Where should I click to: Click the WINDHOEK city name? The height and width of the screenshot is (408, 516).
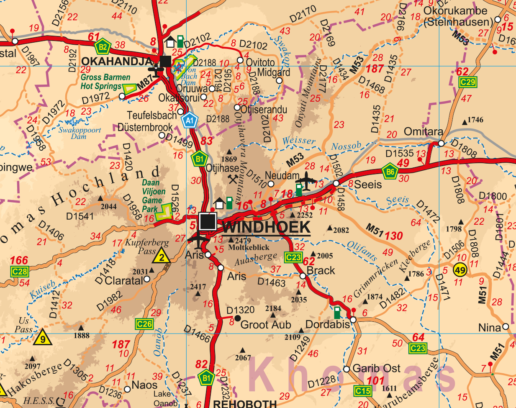tap(267, 227)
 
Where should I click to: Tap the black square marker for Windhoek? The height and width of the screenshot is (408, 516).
tap(208, 221)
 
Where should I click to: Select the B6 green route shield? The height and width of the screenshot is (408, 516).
tap(390, 171)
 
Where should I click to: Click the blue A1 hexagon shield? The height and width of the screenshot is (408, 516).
tap(190, 121)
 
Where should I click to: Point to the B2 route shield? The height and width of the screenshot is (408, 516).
tap(102, 46)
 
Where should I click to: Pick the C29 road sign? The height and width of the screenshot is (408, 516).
tap(467, 82)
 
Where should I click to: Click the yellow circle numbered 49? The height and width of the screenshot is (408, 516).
tap(460, 270)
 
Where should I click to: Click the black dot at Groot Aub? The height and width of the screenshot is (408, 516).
tap(237, 318)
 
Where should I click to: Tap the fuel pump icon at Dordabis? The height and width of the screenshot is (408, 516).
tap(337, 312)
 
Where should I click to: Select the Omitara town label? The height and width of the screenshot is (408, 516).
tap(423, 132)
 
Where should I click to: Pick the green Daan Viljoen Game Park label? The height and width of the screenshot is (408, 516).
tap(153, 195)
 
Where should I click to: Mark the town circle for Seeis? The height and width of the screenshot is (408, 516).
tap(336, 184)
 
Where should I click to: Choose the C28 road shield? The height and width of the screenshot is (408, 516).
tap(20, 272)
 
